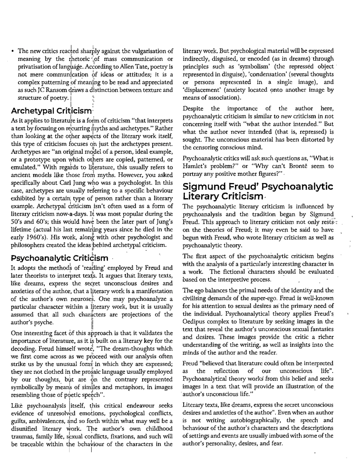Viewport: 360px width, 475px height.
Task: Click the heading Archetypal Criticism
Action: (51, 111)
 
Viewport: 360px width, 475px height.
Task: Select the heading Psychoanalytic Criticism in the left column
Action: (60, 258)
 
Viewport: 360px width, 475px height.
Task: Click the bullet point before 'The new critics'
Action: (13, 51)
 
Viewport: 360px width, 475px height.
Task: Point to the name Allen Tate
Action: (133, 67)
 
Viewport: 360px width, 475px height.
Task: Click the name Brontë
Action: (297, 166)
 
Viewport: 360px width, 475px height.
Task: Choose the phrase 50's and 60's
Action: (30, 222)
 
